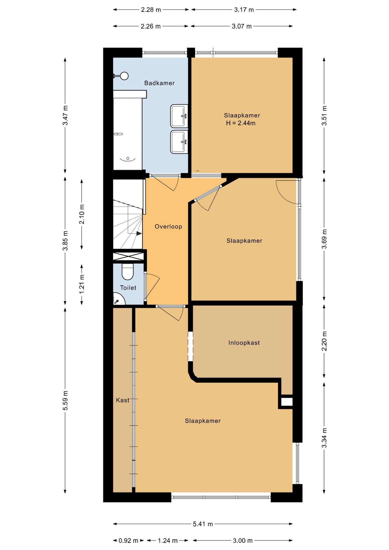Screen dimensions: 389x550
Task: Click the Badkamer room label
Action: click(159, 83)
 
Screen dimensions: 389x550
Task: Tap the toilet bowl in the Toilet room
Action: click(127, 271)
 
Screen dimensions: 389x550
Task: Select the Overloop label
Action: click(168, 227)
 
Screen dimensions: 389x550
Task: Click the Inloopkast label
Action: click(244, 343)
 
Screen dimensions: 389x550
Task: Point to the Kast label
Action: click(123, 400)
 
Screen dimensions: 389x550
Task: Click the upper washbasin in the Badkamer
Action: click(179, 116)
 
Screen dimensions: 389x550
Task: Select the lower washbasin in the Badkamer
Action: click(179, 142)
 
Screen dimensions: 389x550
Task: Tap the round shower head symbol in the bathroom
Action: click(124, 76)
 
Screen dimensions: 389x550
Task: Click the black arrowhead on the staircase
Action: click(139, 233)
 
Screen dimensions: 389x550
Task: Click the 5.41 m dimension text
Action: click(203, 524)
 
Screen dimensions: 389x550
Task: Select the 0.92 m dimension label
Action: click(128, 541)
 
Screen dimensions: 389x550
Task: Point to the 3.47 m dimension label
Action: click(65, 115)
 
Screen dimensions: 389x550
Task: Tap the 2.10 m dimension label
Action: click(82, 214)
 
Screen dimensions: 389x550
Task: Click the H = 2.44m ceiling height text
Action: click(241, 123)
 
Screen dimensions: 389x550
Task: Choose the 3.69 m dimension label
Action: click(324, 239)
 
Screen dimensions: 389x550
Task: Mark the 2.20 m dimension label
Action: click(324, 341)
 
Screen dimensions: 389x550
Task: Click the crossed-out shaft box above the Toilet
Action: click(128, 256)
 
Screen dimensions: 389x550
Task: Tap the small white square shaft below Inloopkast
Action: click(287, 402)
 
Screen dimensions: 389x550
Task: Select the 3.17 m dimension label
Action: click(244, 10)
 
